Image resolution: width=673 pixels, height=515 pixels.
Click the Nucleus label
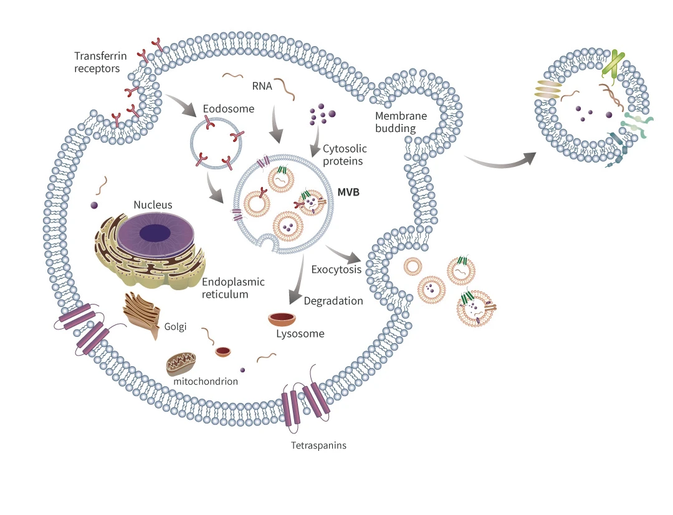[153, 205]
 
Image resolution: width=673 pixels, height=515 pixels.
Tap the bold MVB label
[348, 192]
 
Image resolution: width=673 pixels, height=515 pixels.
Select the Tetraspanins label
[318, 445]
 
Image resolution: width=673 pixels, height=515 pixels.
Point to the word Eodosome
[228, 109]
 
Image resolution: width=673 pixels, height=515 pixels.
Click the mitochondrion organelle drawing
[181, 364]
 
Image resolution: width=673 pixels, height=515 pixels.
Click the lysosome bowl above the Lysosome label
[282, 319]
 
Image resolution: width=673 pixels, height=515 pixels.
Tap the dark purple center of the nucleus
[155, 234]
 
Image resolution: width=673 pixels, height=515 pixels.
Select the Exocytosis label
[336, 270]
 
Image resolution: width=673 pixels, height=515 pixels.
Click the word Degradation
[333, 301]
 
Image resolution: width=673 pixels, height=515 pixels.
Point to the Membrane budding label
[401, 122]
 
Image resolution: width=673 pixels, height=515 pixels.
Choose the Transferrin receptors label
[100, 62]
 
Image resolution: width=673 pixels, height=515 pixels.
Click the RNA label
[262, 86]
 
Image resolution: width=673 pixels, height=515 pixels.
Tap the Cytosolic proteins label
[345, 155]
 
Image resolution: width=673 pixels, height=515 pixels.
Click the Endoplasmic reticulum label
[233, 288]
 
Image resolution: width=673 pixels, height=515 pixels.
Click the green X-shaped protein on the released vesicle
[613, 64]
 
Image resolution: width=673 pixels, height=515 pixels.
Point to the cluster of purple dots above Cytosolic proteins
[322, 114]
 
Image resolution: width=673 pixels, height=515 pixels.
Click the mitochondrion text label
[206, 382]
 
